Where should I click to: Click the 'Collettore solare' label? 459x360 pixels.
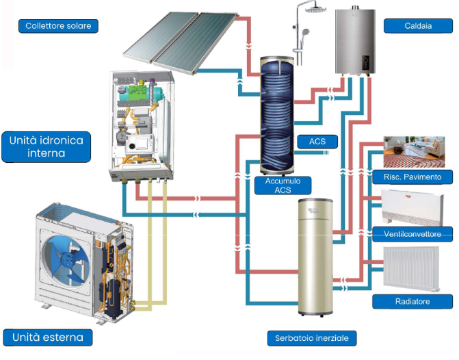point(59,26)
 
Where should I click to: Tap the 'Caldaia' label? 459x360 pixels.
point(418,26)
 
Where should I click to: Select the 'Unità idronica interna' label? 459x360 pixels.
point(46,146)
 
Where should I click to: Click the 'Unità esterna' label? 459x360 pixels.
point(47,337)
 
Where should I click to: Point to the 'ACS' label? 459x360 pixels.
point(317,142)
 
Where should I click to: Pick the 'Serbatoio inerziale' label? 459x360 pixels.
point(312,339)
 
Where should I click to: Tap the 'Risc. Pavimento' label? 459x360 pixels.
point(412,177)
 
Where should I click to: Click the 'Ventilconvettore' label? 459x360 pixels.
point(412,235)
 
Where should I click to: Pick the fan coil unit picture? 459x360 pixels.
point(414,206)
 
